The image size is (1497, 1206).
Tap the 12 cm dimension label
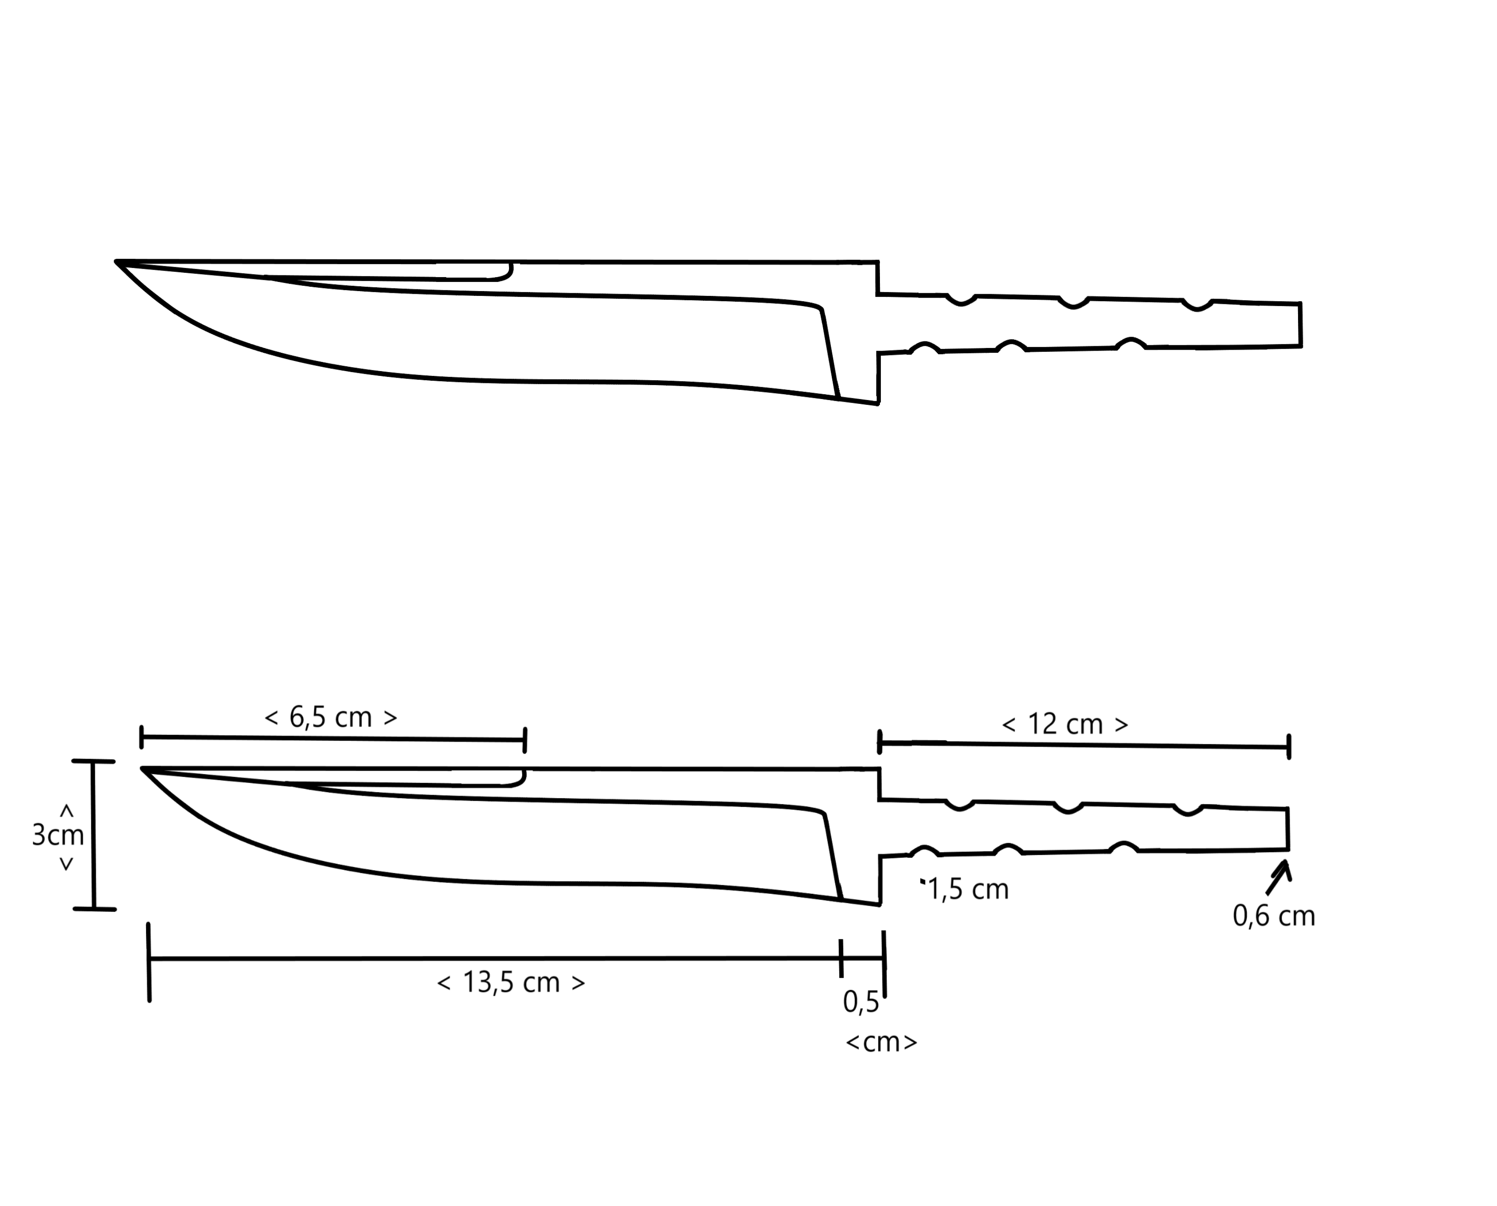pos(1065,725)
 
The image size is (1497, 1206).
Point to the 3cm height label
pos(58,835)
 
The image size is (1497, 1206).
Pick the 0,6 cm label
pos(1273,916)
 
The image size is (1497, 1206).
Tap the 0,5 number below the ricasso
pos(860,1002)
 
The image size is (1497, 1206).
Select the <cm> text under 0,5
pos(881,1042)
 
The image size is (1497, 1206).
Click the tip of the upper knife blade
pos(117,262)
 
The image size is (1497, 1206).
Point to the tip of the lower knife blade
pos(143,769)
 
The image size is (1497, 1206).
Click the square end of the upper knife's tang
pos(1300,324)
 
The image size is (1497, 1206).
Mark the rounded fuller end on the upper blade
pos(509,271)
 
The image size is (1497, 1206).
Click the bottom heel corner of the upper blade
pos(878,403)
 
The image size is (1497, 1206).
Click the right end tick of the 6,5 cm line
pos(525,740)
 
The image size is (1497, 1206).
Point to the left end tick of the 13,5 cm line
pos(149,962)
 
